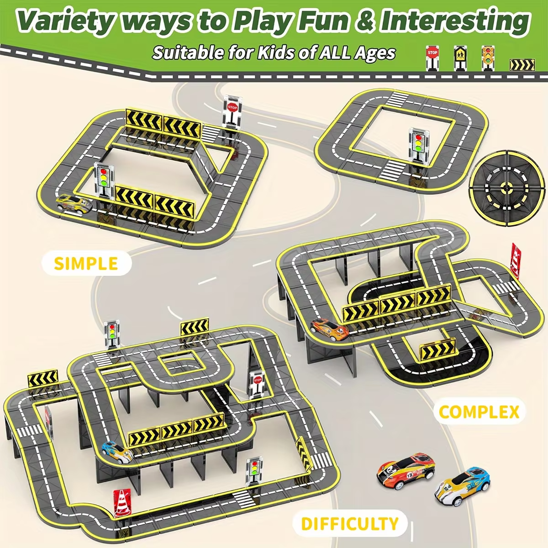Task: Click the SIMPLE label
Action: click(x=86, y=263)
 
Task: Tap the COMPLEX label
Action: click(x=479, y=412)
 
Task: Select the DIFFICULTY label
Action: click(x=349, y=523)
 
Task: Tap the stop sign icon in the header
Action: click(x=432, y=58)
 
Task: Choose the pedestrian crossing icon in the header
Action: click(x=460, y=58)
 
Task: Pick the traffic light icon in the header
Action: click(x=488, y=57)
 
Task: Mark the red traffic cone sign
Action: click(x=121, y=502)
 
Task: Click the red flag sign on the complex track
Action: click(x=516, y=260)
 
